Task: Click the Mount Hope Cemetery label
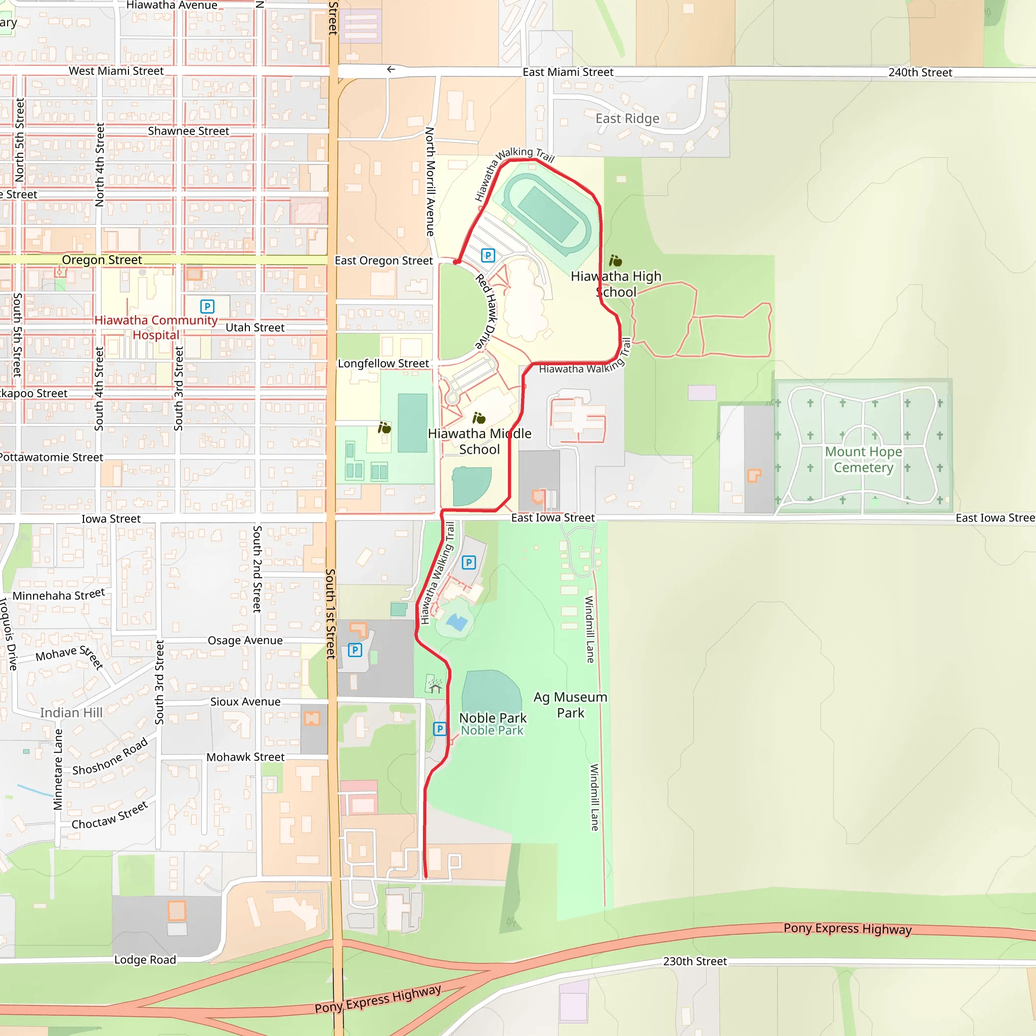[x=864, y=459]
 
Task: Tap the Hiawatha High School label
[x=616, y=284]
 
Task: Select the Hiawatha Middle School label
[x=480, y=441]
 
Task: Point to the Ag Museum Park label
[x=570, y=705]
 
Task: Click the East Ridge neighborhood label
[x=627, y=118]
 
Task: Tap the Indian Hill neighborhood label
[x=71, y=713]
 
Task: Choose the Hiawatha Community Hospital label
[x=156, y=328]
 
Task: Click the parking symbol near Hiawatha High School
[x=488, y=255]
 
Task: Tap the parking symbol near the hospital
[x=207, y=306]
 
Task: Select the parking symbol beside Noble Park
[x=440, y=729]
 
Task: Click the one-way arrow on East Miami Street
[x=391, y=69]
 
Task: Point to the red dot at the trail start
[x=456, y=262]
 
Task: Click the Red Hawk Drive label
[x=486, y=311]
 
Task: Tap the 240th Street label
[x=920, y=72]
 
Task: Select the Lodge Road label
[x=145, y=960]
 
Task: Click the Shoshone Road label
[x=110, y=757]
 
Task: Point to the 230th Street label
[x=695, y=962]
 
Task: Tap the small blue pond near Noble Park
[x=457, y=623]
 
